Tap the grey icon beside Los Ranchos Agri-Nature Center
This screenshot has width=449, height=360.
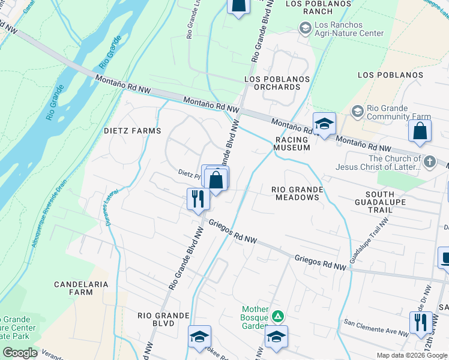305,28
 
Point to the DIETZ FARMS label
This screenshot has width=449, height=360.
132,131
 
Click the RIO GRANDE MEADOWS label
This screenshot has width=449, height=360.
297,193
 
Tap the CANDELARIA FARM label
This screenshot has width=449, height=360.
81,287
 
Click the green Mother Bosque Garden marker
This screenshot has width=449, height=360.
277,316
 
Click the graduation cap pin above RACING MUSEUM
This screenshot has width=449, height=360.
324,124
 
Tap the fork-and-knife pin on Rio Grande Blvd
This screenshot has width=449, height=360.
197,199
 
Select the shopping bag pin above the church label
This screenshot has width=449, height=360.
420,131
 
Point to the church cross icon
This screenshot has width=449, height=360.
429,161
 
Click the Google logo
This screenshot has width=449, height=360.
20,353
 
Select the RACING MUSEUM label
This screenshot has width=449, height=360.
292,143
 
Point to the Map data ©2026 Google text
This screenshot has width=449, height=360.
412,355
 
